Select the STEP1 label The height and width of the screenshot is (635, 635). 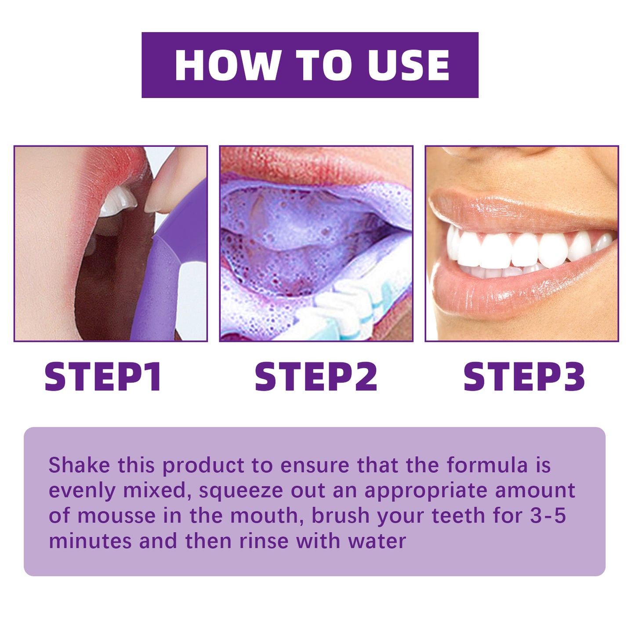[103, 377]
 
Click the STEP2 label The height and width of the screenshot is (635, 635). [316, 377]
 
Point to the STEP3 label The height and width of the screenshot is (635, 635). [524, 377]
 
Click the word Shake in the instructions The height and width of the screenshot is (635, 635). [79, 465]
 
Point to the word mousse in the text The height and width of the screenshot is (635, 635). [116, 515]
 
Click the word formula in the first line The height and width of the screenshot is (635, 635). [487, 465]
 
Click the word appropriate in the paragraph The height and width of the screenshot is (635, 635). [426, 491]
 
